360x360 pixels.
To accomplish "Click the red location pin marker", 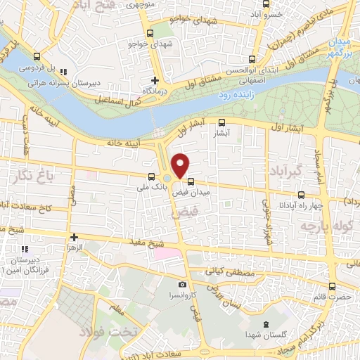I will [181, 165].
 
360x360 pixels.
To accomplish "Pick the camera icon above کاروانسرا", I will [183, 285].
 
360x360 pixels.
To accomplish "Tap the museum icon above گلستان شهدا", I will [264, 325].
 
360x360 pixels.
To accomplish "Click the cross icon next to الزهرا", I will [73, 238].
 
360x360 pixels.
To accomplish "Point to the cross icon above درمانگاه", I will [154, 79].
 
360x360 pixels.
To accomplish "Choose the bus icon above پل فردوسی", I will [37, 58].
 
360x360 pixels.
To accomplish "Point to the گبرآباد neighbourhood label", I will [285, 170].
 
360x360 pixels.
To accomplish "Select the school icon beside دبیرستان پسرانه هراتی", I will [63, 71].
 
